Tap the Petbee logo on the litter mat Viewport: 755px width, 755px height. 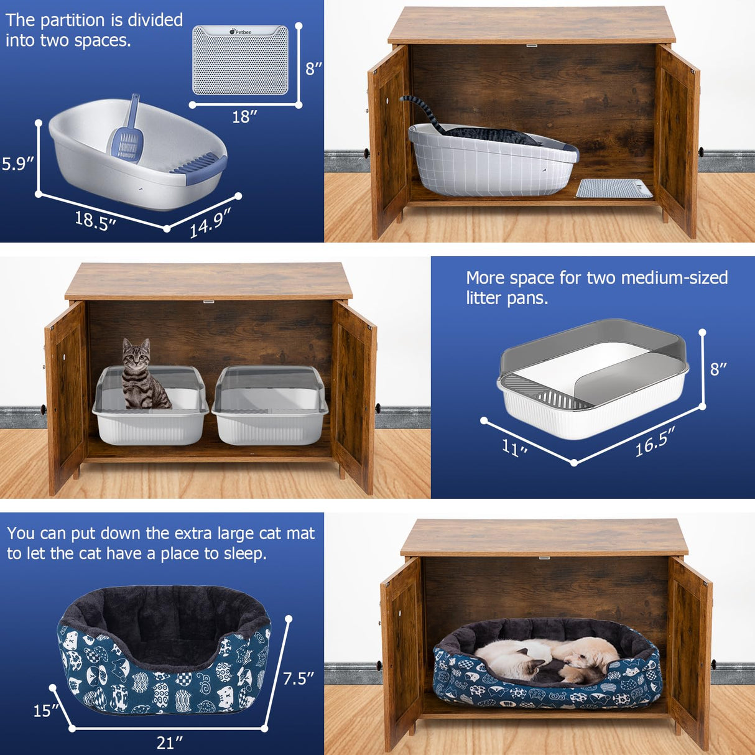click(x=241, y=32)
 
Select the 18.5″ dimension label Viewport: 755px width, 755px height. click(x=95, y=220)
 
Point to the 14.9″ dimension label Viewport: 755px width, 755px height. click(x=210, y=223)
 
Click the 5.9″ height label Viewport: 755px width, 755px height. click(x=17, y=164)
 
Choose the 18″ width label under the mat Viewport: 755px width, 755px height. click(x=244, y=116)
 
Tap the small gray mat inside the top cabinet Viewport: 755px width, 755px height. click(x=613, y=188)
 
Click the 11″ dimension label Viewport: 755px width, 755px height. click(x=515, y=447)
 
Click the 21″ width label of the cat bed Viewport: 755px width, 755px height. click(x=169, y=743)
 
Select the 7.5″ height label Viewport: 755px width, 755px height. click(x=299, y=678)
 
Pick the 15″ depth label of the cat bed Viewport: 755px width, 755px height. click(x=46, y=710)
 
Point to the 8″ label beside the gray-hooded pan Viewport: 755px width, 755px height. click(x=718, y=369)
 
